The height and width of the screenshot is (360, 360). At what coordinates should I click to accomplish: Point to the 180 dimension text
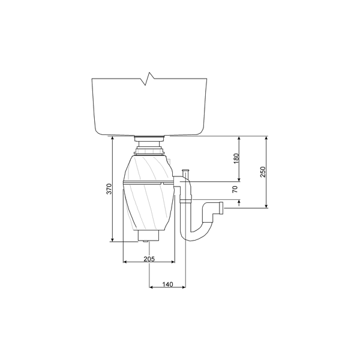[x=236, y=158]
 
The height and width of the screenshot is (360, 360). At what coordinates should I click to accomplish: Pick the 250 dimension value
[x=262, y=172]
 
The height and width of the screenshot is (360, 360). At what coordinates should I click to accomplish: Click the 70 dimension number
[x=235, y=188]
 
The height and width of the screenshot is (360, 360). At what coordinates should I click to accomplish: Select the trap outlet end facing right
[x=221, y=208]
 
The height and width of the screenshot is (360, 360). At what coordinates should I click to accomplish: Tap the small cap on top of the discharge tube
[x=185, y=172]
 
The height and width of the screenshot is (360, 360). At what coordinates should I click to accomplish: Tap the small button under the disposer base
[x=147, y=241]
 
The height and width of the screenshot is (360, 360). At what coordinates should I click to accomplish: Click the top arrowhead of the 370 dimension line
[x=113, y=138]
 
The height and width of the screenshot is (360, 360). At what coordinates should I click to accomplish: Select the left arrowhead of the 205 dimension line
[x=124, y=262]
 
